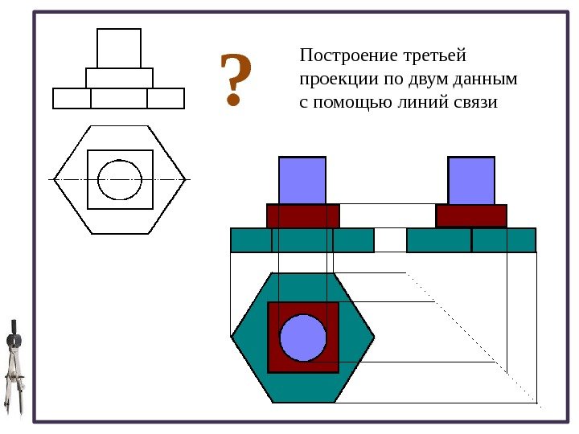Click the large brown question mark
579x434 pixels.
pos(234,80)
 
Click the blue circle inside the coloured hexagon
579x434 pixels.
pos(302,338)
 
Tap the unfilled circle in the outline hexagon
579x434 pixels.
pos(120,179)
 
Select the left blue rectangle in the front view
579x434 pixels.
pos(302,180)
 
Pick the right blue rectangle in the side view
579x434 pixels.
pos(471,180)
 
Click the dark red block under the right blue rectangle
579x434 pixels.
pos(471,215)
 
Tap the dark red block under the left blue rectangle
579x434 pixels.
pos(303,215)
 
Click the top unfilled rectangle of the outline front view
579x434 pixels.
pos(119,48)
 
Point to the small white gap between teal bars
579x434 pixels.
pos(391,240)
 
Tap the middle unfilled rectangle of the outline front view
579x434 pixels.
pos(119,78)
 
